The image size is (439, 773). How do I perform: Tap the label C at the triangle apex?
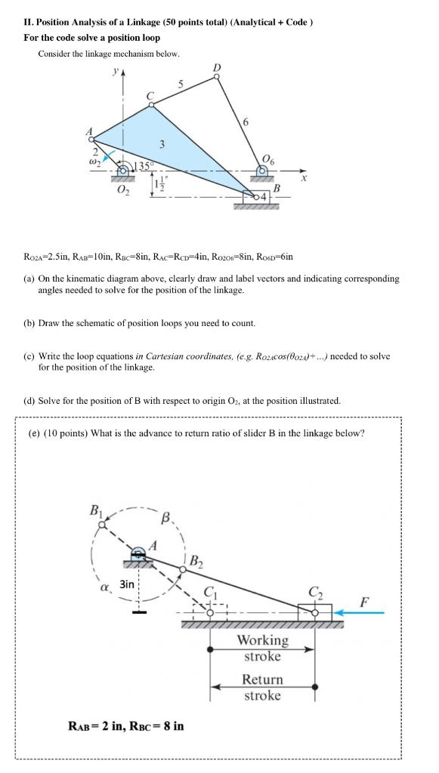point(150,96)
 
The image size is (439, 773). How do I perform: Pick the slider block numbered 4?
point(255,197)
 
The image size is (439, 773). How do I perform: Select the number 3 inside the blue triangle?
point(161,143)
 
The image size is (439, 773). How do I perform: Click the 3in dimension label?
point(127,584)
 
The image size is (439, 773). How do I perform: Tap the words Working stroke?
point(262,648)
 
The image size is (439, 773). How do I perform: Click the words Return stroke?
point(262,687)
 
